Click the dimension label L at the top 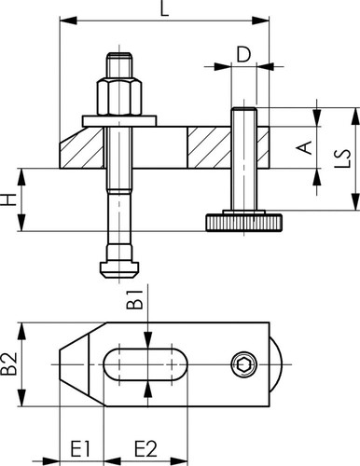[x=165, y=8]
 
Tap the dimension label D [x=243, y=54]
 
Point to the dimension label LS [x=342, y=158]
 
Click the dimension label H [x=8, y=199]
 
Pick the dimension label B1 [x=134, y=299]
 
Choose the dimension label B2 [x=8, y=364]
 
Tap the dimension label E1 [x=80, y=448]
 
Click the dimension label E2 [x=145, y=448]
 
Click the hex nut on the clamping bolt [x=119, y=97]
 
